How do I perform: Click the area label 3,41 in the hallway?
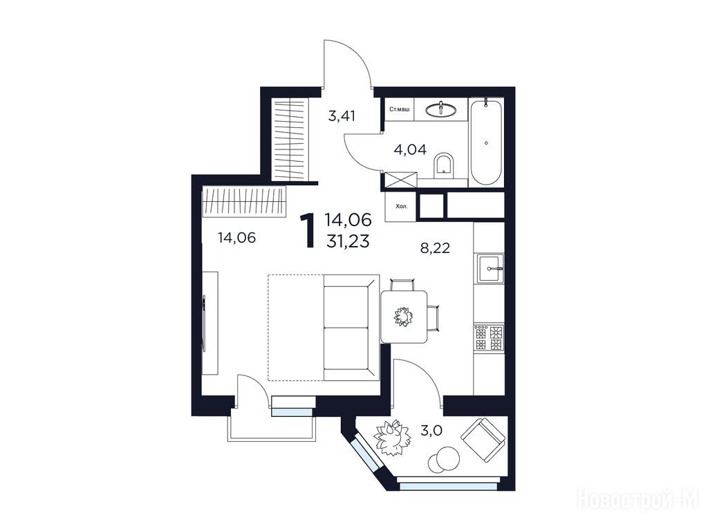coord(342,116)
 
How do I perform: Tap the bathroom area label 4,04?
coord(410,149)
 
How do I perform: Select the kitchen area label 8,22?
coord(436,248)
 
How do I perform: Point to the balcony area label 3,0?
coord(431,431)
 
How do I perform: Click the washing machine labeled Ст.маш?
coord(399,109)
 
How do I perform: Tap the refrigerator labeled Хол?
coord(400,207)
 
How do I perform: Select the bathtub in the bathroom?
coord(486,142)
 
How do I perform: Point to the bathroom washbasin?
coord(440,109)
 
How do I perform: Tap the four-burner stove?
coord(489,337)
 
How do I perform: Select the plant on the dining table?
coord(403,316)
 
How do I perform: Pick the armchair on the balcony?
coord(483,440)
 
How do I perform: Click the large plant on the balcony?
coord(393,438)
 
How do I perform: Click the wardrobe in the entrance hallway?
coord(290,140)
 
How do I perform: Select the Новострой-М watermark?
coord(638,501)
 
